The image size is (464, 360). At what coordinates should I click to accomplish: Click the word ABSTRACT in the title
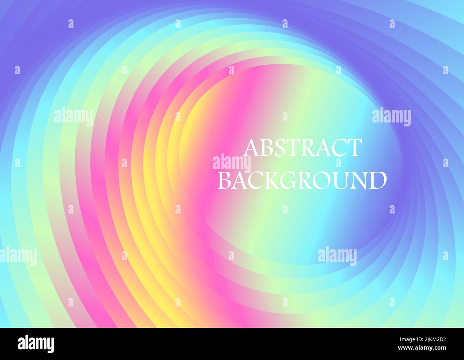tap(302, 148)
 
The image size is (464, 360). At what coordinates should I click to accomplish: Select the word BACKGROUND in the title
tap(302, 180)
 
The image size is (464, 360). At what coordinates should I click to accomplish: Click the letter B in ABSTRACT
tap(266, 148)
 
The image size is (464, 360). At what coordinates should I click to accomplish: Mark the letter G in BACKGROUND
tap(289, 181)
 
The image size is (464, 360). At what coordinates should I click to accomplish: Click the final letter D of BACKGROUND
tap(378, 180)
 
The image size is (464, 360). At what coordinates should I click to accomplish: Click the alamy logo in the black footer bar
tap(36, 344)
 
